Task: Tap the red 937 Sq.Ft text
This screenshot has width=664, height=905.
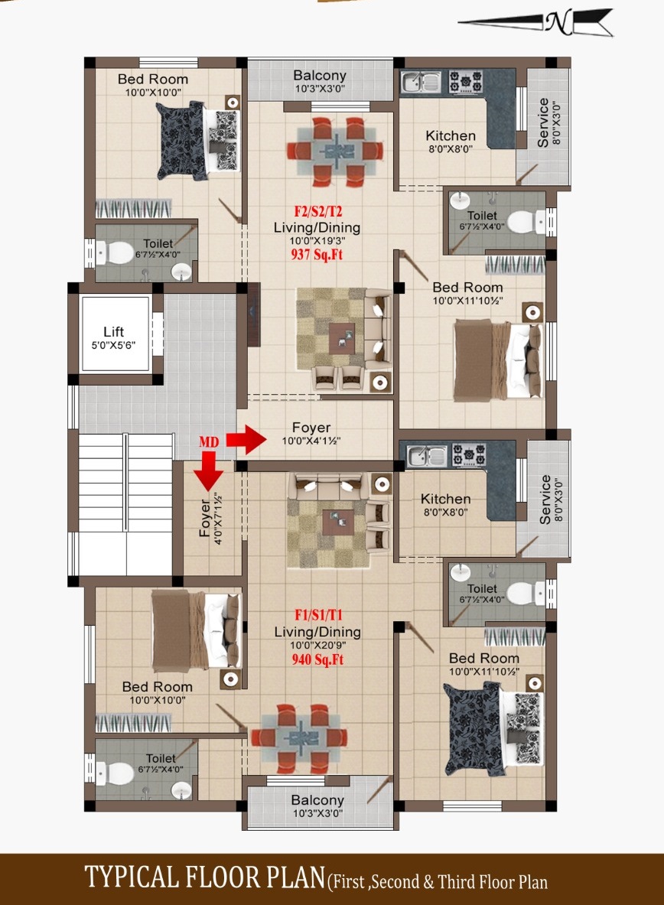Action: [x=317, y=254]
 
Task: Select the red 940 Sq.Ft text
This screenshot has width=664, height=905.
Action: [x=317, y=659]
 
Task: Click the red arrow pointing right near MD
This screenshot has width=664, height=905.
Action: [x=246, y=440]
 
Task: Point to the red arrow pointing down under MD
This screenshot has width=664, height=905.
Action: [x=208, y=470]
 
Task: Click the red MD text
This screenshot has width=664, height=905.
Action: [x=209, y=442]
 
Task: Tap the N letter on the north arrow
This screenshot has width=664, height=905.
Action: [x=558, y=22]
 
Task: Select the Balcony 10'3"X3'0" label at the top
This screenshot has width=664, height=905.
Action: [x=319, y=81]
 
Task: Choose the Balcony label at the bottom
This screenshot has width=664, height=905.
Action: [x=317, y=806]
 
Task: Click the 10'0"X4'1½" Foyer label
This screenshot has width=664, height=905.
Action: [x=311, y=434]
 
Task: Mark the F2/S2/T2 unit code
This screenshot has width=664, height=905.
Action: [x=318, y=211]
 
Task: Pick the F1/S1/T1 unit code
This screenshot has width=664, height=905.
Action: [x=319, y=615]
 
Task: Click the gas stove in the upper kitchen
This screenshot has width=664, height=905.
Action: [x=466, y=83]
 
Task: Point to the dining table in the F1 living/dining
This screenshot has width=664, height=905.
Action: [x=299, y=738]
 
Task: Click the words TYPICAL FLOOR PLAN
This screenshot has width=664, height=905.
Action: [x=206, y=877]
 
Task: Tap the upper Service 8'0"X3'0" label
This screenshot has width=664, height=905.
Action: [x=548, y=122]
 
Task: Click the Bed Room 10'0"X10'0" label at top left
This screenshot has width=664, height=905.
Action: [x=153, y=85]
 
